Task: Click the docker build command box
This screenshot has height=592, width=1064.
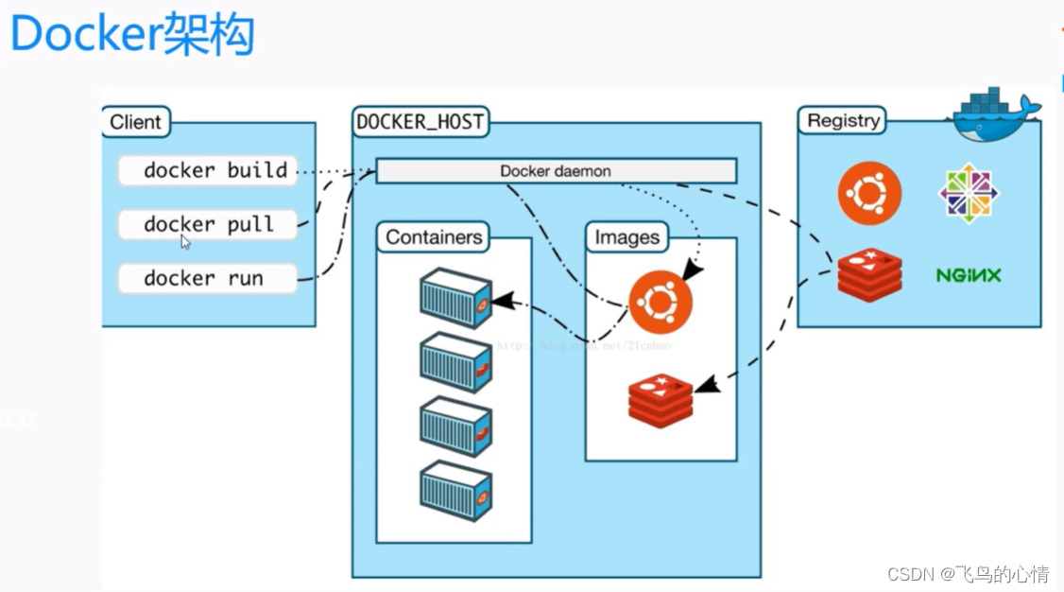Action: click(208, 171)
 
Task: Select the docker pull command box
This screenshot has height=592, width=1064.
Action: click(208, 225)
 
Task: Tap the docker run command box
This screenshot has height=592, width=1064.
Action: click(208, 279)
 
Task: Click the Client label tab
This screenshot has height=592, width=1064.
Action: click(136, 122)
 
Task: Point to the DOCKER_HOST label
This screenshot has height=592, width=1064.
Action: click(420, 122)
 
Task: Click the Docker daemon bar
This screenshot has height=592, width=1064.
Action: click(556, 171)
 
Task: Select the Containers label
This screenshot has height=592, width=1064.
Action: click(434, 237)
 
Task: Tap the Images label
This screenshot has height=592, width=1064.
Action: click(626, 237)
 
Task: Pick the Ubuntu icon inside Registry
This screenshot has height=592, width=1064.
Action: click(869, 194)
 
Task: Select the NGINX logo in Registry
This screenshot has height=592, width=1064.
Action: click(969, 276)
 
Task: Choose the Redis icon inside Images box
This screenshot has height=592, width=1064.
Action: click(661, 400)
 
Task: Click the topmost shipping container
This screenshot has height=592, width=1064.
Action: click(455, 298)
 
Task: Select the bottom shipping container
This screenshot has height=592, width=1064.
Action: click(455, 491)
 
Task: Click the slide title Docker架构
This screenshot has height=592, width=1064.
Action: click(132, 36)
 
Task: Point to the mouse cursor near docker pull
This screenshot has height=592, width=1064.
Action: click(185, 242)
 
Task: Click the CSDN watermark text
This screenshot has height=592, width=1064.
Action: click(968, 574)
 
